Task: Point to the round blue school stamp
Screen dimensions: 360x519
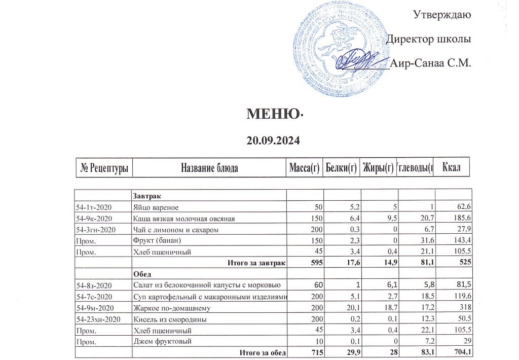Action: coord(335,51)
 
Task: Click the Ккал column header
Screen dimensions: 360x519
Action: coord(452,167)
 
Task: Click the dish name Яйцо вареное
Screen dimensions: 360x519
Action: coord(156,207)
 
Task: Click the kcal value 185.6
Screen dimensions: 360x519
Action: coord(463,219)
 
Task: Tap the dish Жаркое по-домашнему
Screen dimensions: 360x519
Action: coord(172,308)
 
